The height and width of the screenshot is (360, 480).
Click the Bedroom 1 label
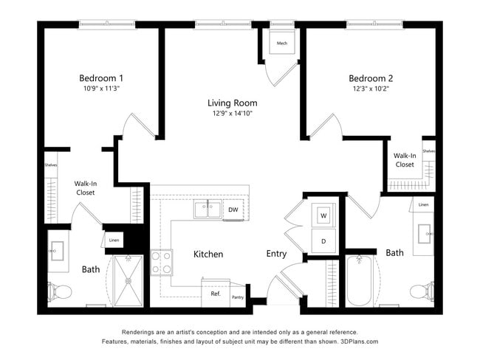(101, 77)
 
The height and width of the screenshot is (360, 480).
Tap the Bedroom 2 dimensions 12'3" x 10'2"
(371, 88)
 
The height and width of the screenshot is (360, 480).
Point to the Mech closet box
(281, 44)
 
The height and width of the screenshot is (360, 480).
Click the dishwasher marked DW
(233, 210)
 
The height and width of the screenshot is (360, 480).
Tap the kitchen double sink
(208, 210)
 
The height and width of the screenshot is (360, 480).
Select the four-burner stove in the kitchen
(162, 262)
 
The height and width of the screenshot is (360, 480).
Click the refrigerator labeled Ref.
(216, 294)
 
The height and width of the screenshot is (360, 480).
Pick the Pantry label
(237, 297)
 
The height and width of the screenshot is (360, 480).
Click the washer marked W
(323, 215)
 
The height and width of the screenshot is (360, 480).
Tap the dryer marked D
(323, 240)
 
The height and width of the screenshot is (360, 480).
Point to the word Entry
(276, 254)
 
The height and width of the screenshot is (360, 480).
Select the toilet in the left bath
(60, 292)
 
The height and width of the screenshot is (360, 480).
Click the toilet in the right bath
(420, 291)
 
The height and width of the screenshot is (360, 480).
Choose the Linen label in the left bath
(114, 240)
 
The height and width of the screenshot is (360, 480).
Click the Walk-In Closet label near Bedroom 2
(404, 160)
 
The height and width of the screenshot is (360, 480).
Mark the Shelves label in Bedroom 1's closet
(51, 165)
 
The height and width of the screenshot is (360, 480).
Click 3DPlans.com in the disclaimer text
(357, 342)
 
